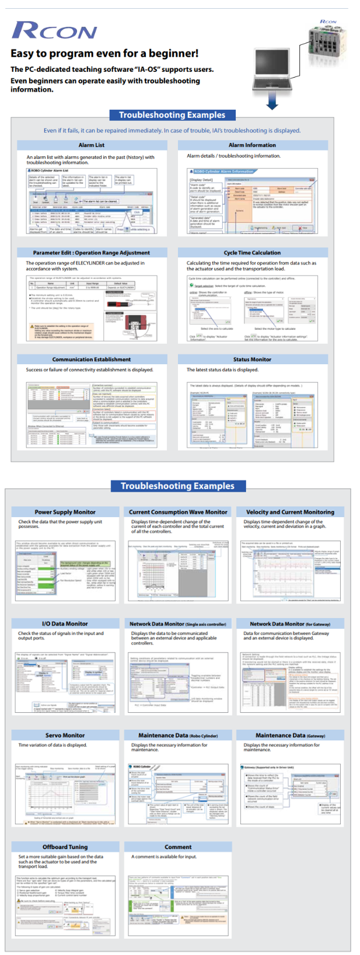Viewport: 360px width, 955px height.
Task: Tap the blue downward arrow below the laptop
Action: click(271, 102)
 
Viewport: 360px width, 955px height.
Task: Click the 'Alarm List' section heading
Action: click(92, 145)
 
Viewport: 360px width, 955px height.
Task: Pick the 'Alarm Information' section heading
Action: click(252, 145)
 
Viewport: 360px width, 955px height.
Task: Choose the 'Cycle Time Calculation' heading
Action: click(252, 253)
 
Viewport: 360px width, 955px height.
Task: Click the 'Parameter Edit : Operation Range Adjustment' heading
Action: click(92, 253)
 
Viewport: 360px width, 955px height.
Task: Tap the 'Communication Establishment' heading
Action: click(92, 360)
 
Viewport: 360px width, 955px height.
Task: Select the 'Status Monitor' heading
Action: click(252, 360)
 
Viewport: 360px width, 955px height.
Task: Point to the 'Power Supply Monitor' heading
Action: click(65, 512)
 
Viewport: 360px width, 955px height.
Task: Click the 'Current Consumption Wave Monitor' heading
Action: click(178, 512)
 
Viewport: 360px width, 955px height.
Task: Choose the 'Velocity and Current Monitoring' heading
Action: click(290, 512)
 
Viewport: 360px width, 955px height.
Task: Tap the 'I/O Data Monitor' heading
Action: click(65, 623)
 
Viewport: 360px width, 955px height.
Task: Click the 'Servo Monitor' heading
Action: click(65, 736)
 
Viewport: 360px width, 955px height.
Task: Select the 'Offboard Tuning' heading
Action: click(65, 846)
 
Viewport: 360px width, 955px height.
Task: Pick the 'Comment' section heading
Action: click(178, 846)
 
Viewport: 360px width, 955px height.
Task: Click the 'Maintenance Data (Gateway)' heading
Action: click(290, 736)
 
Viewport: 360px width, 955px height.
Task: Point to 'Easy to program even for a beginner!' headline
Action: click(104, 54)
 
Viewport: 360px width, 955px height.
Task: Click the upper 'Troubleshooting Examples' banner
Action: click(172, 115)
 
